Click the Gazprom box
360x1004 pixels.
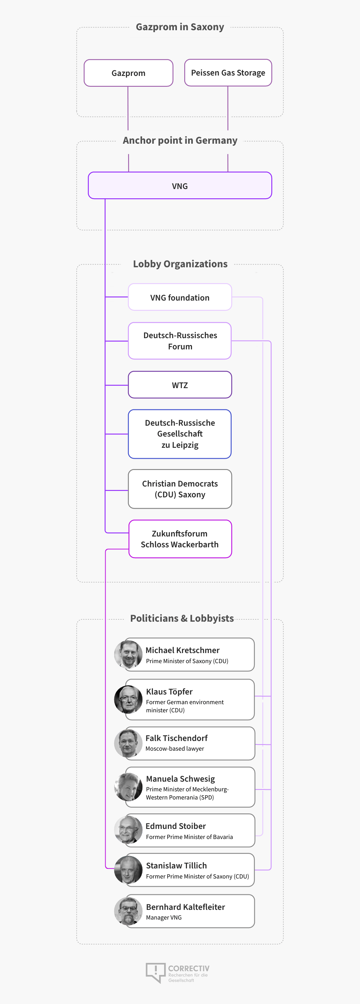click(x=128, y=73)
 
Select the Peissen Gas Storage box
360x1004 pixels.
click(x=228, y=72)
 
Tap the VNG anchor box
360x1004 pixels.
click(x=180, y=186)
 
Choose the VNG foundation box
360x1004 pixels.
click(x=180, y=297)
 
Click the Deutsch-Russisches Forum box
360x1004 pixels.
click(x=180, y=340)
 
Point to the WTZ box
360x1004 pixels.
click(x=180, y=385)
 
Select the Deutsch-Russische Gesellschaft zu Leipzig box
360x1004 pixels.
click(x=180, y=434)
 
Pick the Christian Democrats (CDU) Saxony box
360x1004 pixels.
click(x=180, y=489)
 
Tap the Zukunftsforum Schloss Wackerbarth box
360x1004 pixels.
click(x=180, y=539)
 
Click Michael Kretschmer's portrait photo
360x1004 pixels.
click(x=128, y=654)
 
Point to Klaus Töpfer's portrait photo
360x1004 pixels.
click(x=128, y=699)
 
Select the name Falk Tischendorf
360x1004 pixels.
click(x=177, y=738)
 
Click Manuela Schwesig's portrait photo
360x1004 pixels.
click(x=128, y=787)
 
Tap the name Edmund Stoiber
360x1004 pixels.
click(x=176, y=826)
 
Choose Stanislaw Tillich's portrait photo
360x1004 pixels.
click(x=128, y=870)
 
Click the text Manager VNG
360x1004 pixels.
click(x=164, y=918)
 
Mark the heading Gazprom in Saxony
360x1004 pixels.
click(x=180, y=27)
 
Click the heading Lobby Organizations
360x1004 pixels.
click(x=180, y=264)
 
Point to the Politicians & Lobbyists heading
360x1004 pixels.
click(x=182, y=618)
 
